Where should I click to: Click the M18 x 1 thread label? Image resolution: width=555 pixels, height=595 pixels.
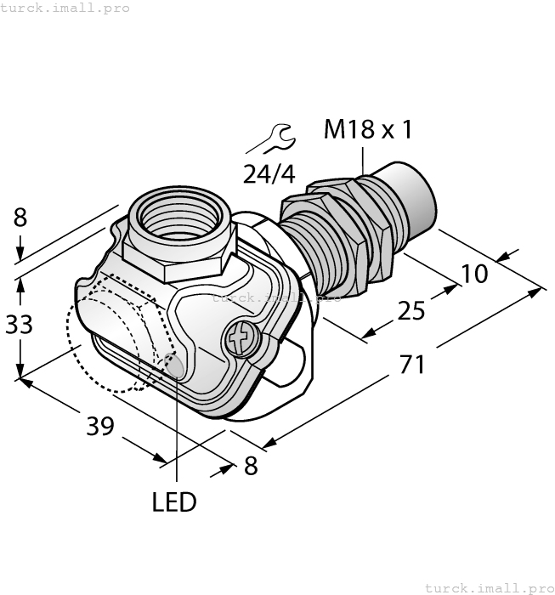[368, 130]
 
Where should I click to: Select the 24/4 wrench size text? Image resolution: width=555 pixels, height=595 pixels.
[269, 174]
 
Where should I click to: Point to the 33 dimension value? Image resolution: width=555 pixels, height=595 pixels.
[20, 324]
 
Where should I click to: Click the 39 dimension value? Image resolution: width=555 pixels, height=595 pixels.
[100, 426]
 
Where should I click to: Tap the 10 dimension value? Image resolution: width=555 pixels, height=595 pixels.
[475, 274]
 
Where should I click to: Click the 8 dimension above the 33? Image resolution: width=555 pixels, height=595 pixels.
[20, 218]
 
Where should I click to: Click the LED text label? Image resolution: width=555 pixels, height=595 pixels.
[174, 502]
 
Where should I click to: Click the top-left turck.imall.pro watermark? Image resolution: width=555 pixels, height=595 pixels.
[65, 8]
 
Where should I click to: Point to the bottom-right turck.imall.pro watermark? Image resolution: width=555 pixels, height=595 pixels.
[489, 587]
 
